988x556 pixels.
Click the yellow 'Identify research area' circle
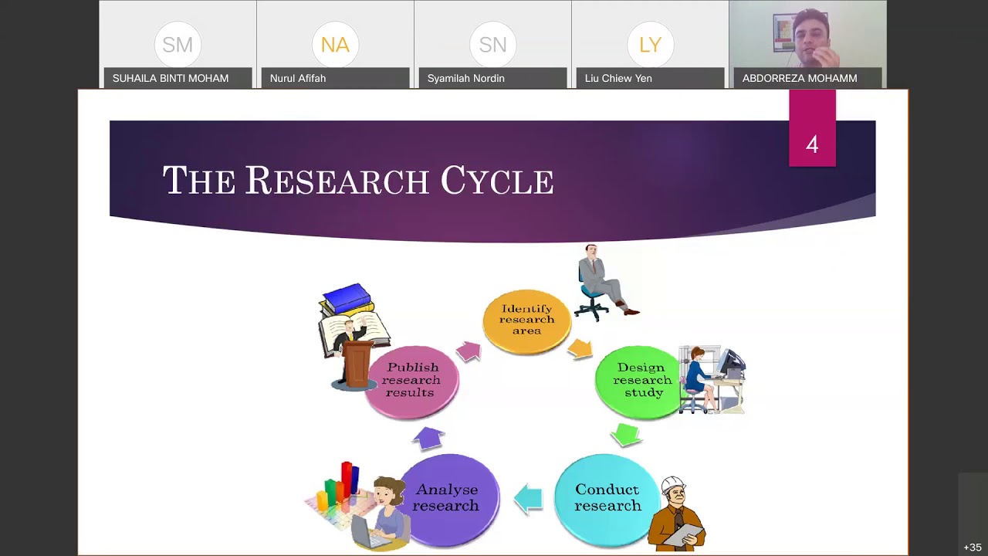click(526, 320)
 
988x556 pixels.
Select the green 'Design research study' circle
click(639, 381)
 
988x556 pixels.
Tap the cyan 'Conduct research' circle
click(607, 498)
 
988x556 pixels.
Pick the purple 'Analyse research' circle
click(448, 498)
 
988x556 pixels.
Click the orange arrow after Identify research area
click(580, 349)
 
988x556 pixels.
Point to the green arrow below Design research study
click(626, 435)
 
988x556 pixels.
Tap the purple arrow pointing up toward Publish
click(429, 438)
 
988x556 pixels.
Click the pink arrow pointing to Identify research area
click(469, 351)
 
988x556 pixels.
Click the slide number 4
click(812, 144)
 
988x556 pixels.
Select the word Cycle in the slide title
click(497, 181)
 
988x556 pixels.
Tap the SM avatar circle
click(178, 45)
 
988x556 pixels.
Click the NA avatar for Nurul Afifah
click(335, 45)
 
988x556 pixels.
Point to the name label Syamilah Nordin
click(465, 78)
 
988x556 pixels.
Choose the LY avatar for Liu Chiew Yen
click(650, 45)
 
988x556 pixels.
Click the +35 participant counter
click(972, 548)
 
